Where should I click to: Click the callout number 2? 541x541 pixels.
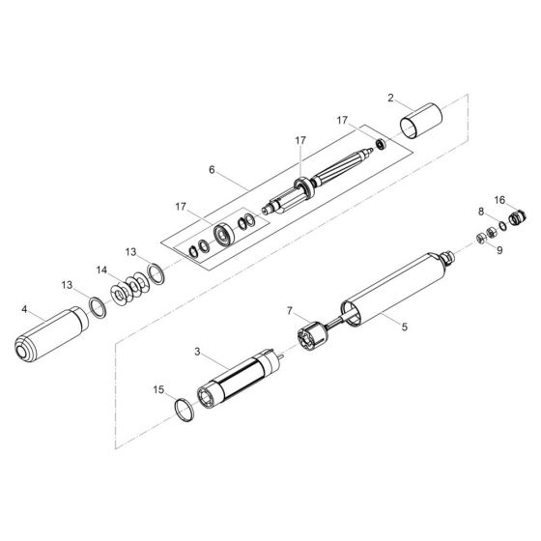(390, 98)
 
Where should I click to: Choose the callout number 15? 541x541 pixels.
(158, 389)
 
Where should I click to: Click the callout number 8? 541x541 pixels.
(480, 210)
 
